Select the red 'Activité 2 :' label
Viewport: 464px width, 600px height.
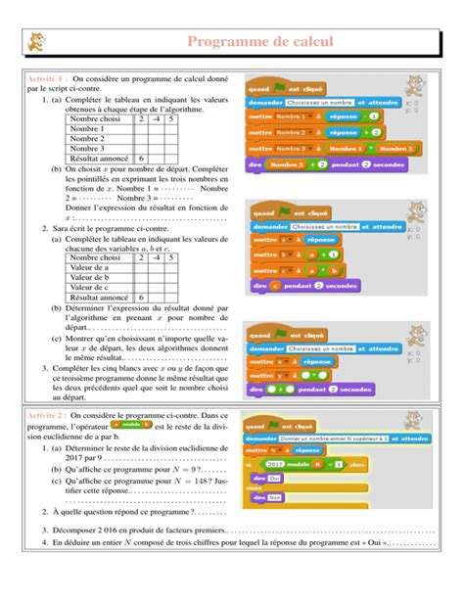pos(47,416)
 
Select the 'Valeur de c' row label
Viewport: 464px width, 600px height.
pos(93,287)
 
